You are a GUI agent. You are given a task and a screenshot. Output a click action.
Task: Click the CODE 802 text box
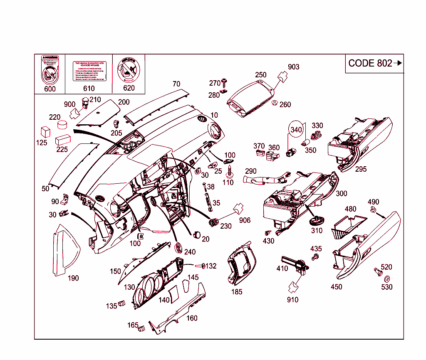point(374,63)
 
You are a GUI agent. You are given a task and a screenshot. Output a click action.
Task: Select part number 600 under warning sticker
point(50,89)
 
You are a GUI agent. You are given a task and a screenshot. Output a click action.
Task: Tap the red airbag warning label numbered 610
point(89,71)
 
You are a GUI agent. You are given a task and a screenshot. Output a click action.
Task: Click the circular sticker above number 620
point(129,69)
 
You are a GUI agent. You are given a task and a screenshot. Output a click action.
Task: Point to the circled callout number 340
point(296,130)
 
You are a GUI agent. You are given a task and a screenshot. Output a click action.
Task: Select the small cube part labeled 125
point(45,132)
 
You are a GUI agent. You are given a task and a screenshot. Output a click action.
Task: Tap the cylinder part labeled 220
point(62,125)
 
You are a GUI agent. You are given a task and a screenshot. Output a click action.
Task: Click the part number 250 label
point(261,75)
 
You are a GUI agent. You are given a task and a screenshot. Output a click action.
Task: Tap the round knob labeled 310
point(317,220)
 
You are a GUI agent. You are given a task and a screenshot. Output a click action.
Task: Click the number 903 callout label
point(294,67)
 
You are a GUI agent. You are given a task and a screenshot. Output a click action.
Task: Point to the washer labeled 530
point(387,278)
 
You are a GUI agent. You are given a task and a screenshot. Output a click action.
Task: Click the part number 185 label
point(237,292)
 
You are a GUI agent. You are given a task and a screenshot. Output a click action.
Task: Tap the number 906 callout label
point(245,220)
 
